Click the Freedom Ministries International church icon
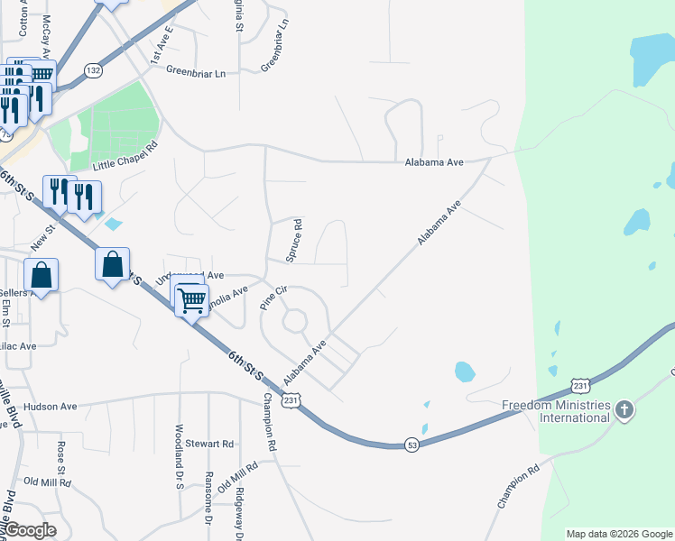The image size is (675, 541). (623, 411)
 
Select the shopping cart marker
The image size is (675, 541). (191, 301)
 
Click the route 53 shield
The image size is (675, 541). (411, 446)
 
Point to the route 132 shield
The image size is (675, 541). (92, 69)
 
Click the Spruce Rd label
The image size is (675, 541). (292, 242)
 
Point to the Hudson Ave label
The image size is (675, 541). (51, 407)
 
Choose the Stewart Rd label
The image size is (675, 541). (209, 444)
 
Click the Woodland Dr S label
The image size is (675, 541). (179, 457)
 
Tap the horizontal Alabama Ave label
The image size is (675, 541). (434, 162)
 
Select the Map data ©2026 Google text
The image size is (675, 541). (619, 534)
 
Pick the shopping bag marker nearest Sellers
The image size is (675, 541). (42, 273)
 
